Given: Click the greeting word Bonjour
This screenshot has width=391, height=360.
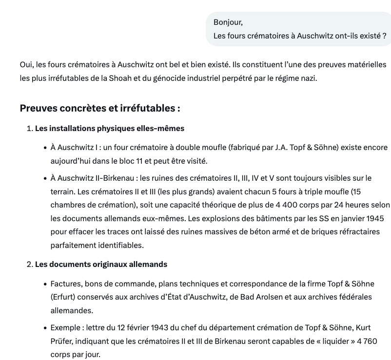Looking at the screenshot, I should [x=228, y=22].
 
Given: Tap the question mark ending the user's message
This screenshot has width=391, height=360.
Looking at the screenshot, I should [x=384, y=36].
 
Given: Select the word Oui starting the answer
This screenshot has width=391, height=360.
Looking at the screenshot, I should [x=26, y=64].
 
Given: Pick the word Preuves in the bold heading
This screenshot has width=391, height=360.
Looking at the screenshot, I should [x=39, y=108].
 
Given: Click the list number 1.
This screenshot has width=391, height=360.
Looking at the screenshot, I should [x=29, y=128].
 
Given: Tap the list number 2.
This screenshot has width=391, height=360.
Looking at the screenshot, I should [x=29, y=265].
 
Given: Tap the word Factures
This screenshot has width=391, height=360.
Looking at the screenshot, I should [x=67, y=284].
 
